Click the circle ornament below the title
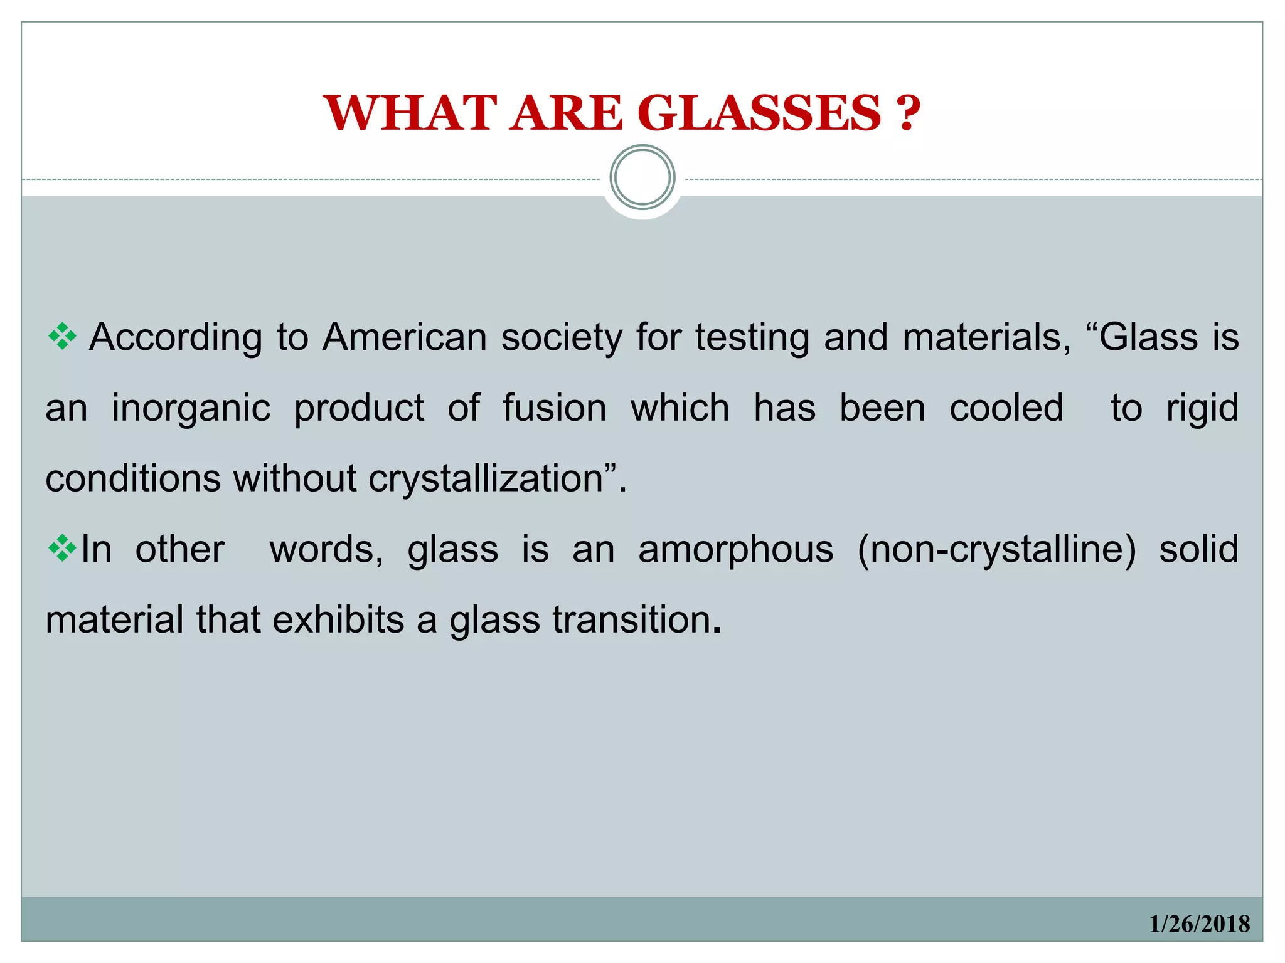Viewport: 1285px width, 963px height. point(642,177)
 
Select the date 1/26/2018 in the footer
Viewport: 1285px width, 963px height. point(1199,924)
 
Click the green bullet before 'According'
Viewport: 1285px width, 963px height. point(62,337)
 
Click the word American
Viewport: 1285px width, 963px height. point(404,337)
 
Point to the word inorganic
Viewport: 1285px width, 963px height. point(191,408)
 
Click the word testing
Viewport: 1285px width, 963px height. point(752,339)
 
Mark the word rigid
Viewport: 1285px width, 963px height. point(1202,409)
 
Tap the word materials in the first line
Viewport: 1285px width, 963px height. point(986,337)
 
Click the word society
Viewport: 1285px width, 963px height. point(561,339)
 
